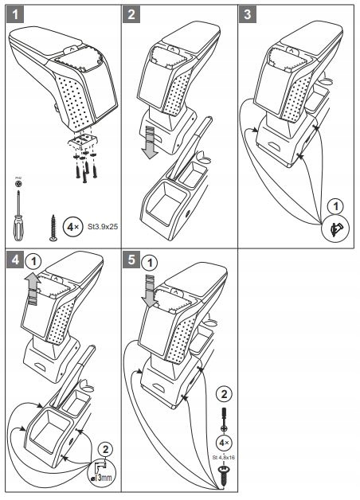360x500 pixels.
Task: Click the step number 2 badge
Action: pos(132,14)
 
